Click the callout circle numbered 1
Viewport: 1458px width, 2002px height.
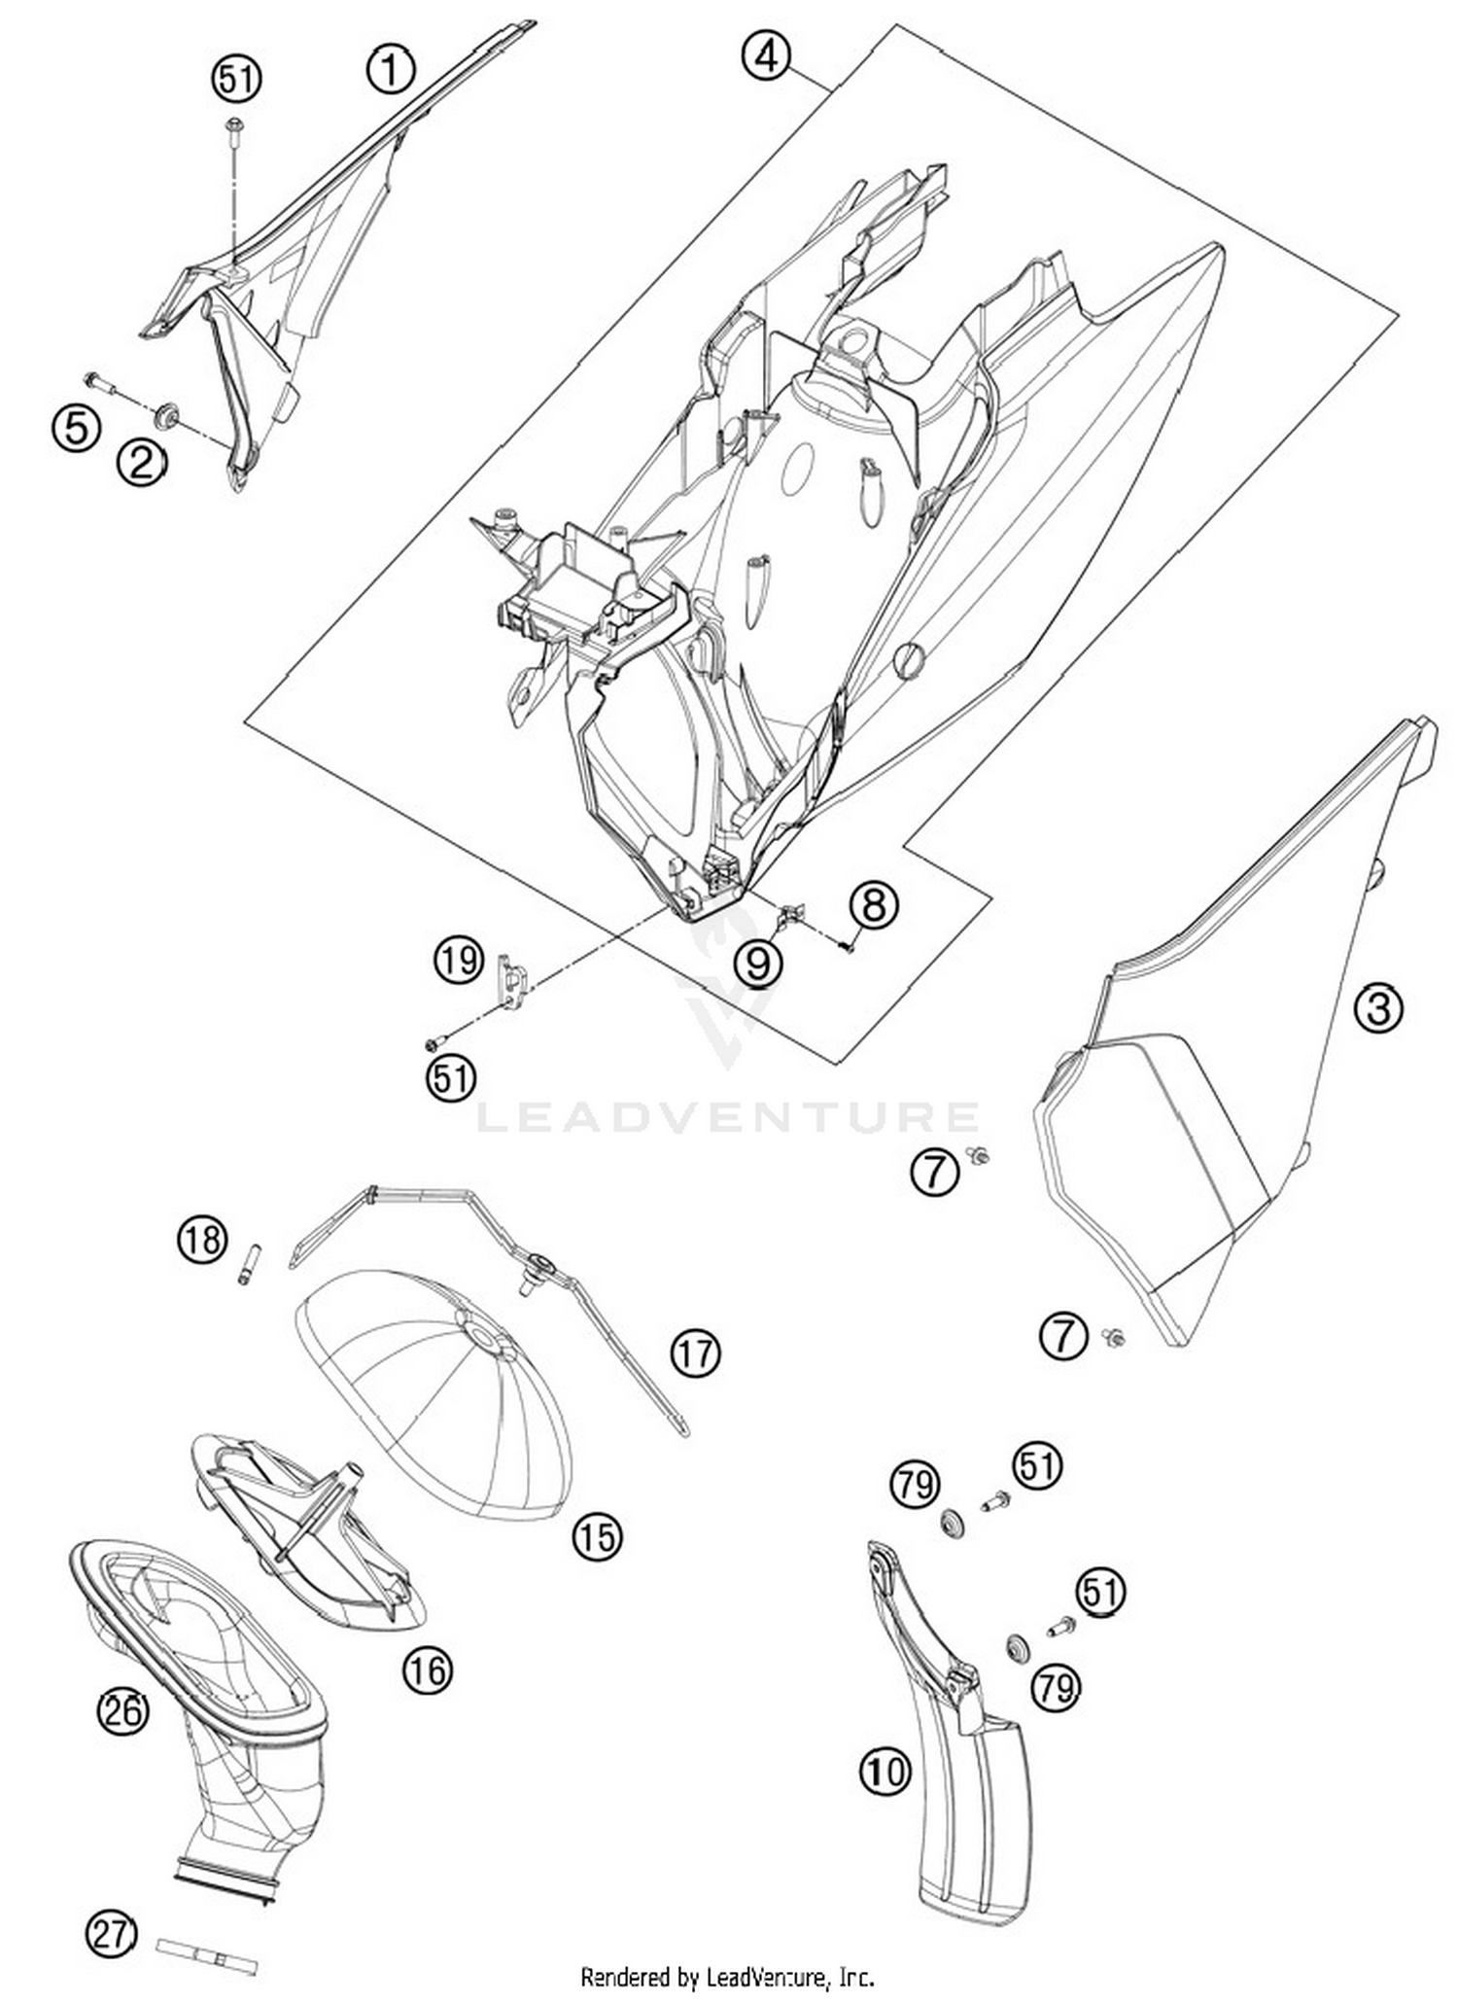390,70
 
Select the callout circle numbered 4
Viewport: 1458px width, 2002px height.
765,55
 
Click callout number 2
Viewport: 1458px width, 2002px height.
142,463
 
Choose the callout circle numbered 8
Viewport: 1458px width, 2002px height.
874,905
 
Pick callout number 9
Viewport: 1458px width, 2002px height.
758,963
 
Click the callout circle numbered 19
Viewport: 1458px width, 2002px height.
458,961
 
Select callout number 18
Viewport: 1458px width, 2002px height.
202,1240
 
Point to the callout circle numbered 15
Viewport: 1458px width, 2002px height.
596,1536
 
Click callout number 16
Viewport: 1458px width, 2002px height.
429,1670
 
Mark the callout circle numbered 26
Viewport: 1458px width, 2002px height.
123,1710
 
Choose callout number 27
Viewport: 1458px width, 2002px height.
112,1907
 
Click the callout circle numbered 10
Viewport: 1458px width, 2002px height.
885,1771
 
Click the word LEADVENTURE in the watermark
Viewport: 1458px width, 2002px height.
726,1116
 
